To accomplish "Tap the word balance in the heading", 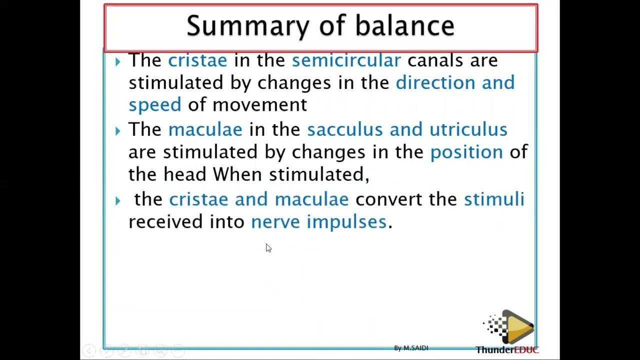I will pos(404,26).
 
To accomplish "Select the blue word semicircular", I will pos(346,60).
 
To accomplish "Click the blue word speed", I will pos(154,105).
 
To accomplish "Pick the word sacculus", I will pos(344,129).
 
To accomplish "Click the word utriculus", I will pos(468,129).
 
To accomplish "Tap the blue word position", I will pos(466,152).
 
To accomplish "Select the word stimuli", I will pos(493,199).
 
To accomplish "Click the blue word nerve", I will pos(275,221).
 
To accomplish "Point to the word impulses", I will pos(346,221).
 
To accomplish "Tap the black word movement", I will pos(259,105).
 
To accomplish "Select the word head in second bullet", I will pos(184,174).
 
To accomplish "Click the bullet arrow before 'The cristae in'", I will pos(117,61).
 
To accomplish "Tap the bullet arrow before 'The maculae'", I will pos(117,131).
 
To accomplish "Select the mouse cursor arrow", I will pos(268,248).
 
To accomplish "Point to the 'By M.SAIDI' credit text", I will pos(410,348).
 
